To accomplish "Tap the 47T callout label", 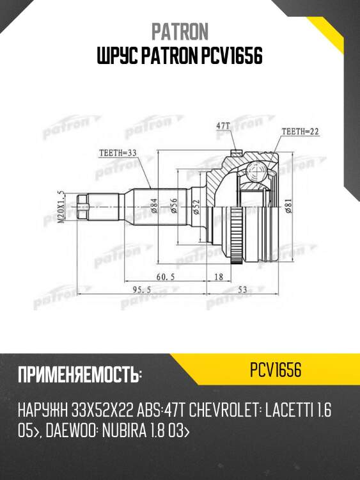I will pos(223,127).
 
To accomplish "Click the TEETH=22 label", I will pos(300,132).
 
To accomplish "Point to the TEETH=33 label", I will pos(119,154).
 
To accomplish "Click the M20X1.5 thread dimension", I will pos(61,208).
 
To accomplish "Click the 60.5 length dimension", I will pos(166,276).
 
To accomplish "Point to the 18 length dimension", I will pos(219,276).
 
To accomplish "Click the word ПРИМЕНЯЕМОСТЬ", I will pos(79,374).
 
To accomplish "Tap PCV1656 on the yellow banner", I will pos(276,371).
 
